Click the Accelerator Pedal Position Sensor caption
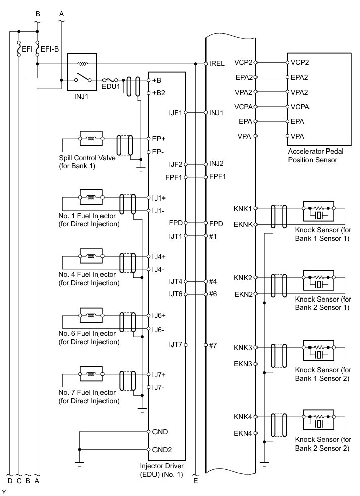pyautogui.click(x=313, y=156)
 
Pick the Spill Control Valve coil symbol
pyautogui.click(x=91, y=138)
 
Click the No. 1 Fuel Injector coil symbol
pyautogui.click(x=91, y=196)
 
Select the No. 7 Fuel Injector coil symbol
pyautogui.click(x=91, y=375)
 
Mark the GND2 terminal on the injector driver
pyautogui.click(x=162, y=449)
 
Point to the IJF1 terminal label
pyautogui.click(x=176, y=112)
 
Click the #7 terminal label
pyautogui.click(x=213, y=345)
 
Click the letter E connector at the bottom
pyautogui.click(x=195, y=481)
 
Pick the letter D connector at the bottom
pyautogui.click(x=10, y=481)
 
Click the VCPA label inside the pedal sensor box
pyautogui.click(x=300, y=107)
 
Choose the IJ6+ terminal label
pyautogui.click(x=160, y=315)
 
